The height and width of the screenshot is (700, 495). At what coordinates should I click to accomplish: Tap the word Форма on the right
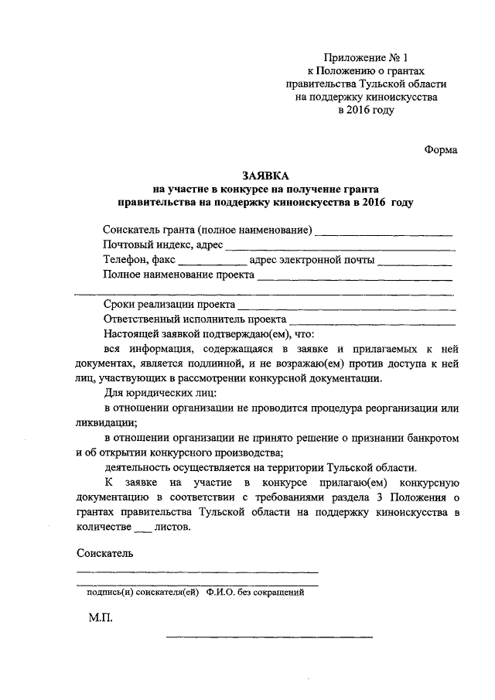click(x=441, y=150)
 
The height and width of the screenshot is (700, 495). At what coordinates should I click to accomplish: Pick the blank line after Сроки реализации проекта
click(x=346, y=307)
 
